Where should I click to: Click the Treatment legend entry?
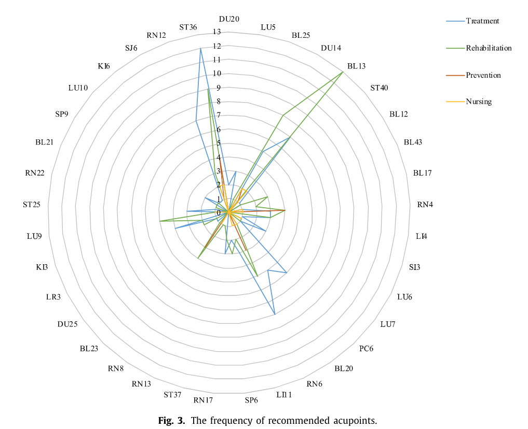pos(482,21)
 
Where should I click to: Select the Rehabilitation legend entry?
pos(489,48)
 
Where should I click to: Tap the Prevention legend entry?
pos(483,75)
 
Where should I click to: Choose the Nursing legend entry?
pos(478,102)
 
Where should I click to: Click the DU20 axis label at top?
pos(229,19)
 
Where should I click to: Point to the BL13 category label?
pos(356,66)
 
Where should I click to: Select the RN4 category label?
pos(425,205)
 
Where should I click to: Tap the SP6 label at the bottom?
pos(251,400)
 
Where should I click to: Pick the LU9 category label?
pos(34,236)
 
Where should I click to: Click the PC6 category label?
pos(366,348)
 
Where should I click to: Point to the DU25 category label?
pos(67,324)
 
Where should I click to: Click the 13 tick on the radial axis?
pos(216,32)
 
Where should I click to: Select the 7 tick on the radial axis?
pos(219,115)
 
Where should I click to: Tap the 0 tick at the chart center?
pos(219,212)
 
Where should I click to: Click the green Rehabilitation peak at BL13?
pos(343,73)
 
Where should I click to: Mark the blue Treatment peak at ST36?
pos(200,48)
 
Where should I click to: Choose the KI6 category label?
pos(104,66)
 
